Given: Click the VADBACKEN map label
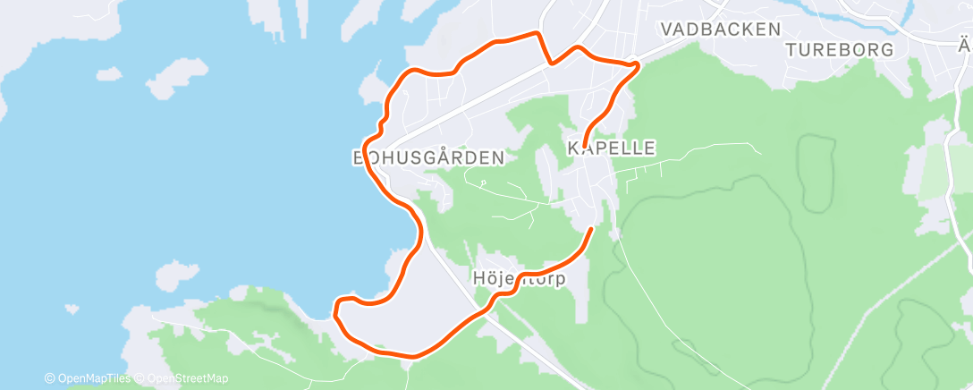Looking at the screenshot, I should coord(720,30).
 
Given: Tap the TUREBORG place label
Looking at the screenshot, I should coord(840,50).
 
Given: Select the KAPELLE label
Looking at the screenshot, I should coord(612,148).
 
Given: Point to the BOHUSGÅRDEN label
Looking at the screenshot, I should coord(428,157).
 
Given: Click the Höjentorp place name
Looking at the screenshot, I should coord(518,278).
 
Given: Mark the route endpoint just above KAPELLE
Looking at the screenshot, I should coord(583,146).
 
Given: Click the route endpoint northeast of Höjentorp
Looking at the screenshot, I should coord(590,230).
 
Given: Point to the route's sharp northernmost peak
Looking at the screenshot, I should coord(537,33).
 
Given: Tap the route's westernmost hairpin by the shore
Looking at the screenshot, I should coord(336,312).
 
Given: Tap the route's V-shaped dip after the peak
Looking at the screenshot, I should coord(554,63).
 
